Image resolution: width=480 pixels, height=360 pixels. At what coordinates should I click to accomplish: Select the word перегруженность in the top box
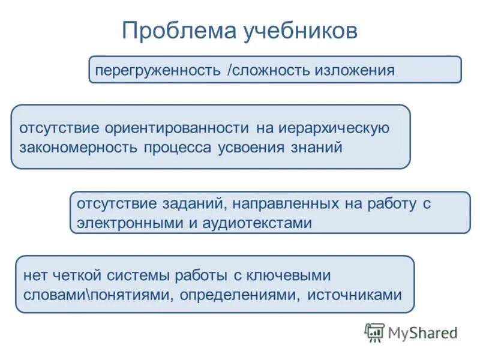tap(158, 70)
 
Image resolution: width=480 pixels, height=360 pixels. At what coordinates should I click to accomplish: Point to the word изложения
tap(358, 70)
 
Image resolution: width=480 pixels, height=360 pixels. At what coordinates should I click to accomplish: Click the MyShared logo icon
tap(374, 332)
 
